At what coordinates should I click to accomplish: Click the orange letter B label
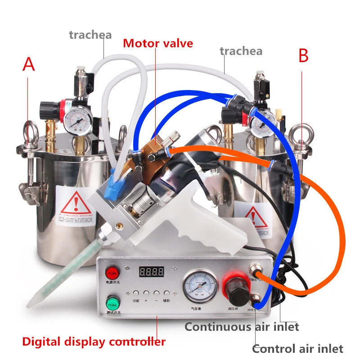304,56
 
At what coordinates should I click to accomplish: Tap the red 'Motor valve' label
158,44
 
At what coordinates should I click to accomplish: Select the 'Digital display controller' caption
94,342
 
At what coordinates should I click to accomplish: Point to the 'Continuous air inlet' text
242,327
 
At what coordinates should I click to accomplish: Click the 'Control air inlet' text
297,348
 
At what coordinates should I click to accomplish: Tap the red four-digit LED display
151,271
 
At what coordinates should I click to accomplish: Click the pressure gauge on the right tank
261,121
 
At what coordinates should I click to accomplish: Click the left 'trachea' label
90,35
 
